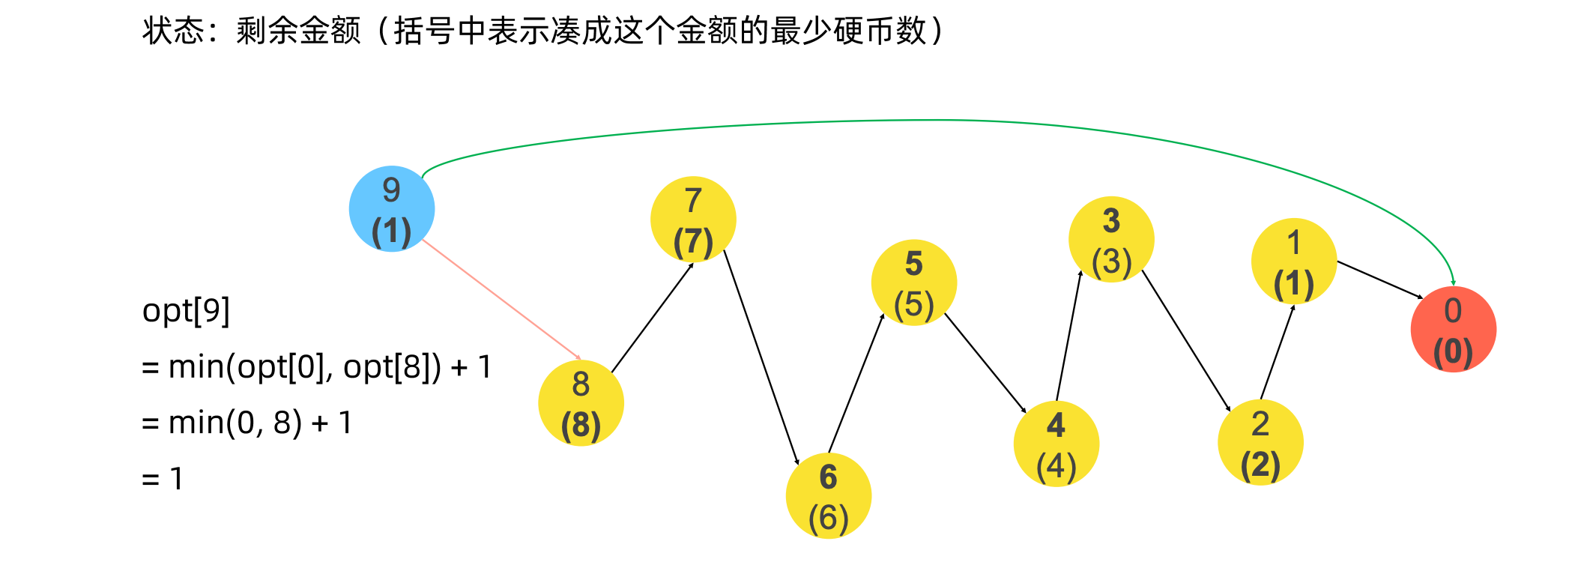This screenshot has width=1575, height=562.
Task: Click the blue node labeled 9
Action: [x=392, y=209]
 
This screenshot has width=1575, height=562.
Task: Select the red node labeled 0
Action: [x=1454, y=330]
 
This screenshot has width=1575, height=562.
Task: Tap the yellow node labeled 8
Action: [x=581, y=403]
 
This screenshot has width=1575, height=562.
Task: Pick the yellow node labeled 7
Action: [x=694, y=220]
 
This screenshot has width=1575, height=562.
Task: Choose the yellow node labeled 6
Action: [x=829, y=496]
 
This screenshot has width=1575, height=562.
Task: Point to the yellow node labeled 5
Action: [x=914, y=282]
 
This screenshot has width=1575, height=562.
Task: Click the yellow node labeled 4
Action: [x=1056, y=444]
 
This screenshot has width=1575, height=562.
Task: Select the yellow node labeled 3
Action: [x=1112, y=240]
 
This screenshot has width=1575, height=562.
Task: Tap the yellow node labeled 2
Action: [x=1261, y=443]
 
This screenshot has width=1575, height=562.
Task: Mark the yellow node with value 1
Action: [x=1294, y=261]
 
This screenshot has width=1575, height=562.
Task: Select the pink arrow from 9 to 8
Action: [x=502, y=300]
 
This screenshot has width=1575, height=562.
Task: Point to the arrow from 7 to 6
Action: [x=762, y=357]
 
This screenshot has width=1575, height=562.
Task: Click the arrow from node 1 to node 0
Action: [x=1380, y=280]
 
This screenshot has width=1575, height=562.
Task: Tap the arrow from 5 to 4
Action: [x=985, y=363]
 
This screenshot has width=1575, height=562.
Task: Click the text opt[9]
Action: [x=186, y=310]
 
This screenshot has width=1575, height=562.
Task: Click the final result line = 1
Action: [x=163, y=479]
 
